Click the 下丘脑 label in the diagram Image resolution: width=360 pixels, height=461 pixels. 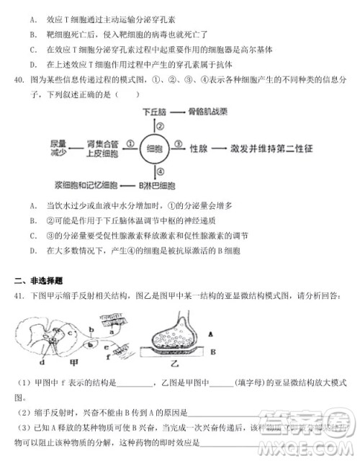[x=154, y=112]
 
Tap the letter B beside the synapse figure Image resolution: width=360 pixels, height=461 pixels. [x=211, y=353]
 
